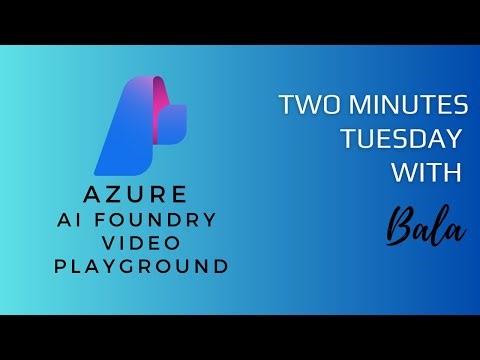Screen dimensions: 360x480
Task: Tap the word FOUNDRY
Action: point(173,218)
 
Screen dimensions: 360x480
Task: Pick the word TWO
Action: point(304,105)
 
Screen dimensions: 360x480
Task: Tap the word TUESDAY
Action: point(403,139)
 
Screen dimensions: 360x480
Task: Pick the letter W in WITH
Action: point(403,173)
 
